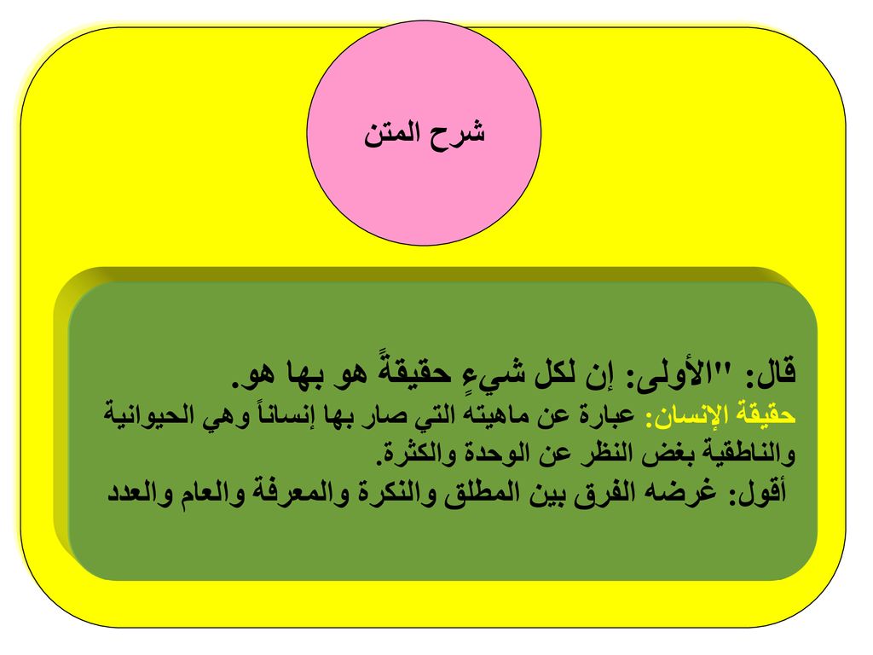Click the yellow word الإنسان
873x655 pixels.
click(x=685, y=416)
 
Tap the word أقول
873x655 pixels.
click(x=755, y=492)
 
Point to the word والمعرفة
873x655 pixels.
click(x=296, y=492)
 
